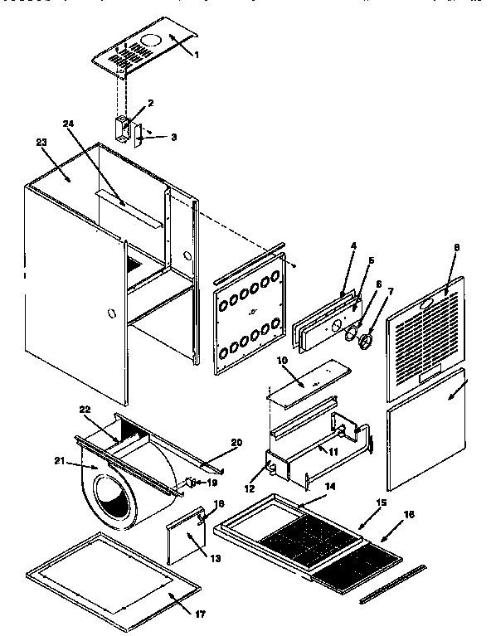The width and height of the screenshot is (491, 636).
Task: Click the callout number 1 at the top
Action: point(196,55)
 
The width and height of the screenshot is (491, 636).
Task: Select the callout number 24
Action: point(69,124)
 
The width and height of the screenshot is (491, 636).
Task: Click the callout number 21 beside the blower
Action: point(59,461)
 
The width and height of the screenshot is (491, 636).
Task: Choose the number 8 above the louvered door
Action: point(456,246)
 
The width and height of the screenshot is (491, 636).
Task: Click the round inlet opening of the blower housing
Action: point(114,503)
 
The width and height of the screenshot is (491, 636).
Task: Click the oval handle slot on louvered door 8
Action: point(425,305)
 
